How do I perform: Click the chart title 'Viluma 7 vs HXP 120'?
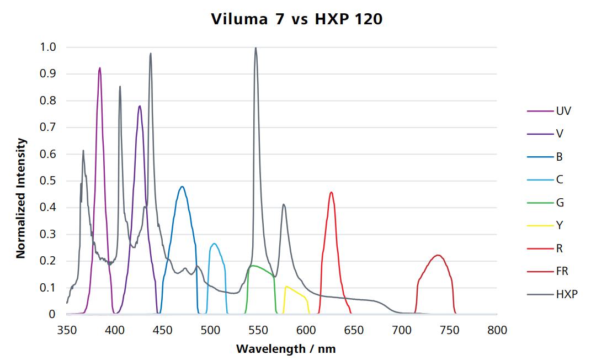296,19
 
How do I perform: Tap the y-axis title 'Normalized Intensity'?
21,198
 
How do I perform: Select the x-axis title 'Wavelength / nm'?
285,349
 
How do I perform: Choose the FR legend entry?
562,271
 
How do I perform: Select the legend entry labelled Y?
559,225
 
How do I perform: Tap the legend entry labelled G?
560,203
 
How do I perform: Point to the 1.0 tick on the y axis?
48,47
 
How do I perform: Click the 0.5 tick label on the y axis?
48,181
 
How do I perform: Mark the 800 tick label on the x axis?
497,330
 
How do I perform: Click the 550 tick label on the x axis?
306,330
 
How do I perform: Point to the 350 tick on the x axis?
67,330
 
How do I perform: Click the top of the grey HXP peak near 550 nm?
255,48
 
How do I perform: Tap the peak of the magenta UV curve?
100,68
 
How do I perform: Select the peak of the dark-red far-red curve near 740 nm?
438,255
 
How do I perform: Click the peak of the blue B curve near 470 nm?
182,187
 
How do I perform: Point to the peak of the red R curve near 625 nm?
331,192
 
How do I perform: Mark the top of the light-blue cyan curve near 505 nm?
214,243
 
